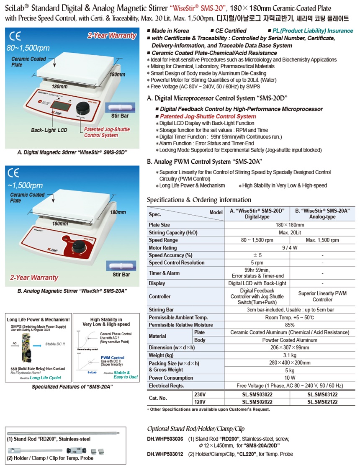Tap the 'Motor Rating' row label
pyautogui.click(x=163, y=248)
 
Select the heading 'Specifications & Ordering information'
pyautogui.click(x=199, y=200)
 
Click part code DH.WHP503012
pyautogui.click(x=165, y=454)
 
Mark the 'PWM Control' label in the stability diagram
pyautogui.click(x=112, y=357)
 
